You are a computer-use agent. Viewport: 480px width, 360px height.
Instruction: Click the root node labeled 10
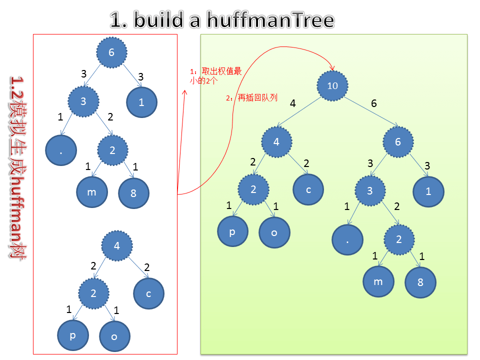[332, 85]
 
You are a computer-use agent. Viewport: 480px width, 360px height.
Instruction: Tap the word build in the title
[161, 20]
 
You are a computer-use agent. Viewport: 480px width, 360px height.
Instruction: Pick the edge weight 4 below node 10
[293, 103]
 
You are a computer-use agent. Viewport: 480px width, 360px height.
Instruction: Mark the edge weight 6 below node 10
[374, 103]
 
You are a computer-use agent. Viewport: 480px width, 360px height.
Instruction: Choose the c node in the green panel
[308, 189]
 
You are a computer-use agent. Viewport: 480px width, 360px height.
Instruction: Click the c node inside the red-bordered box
[148, 293]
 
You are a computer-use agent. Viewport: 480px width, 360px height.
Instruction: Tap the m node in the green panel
[378, 281]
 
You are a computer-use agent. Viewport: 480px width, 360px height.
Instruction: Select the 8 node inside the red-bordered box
[133, 193]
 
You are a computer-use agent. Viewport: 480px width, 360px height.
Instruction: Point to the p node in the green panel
[232, 232]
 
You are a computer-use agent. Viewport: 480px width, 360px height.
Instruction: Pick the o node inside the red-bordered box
[114, 336]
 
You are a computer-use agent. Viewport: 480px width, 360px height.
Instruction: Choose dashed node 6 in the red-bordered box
[111, 52]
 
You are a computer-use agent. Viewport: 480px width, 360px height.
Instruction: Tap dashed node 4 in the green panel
[276, 142]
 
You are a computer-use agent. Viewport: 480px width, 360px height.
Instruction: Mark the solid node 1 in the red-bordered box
[141, 102]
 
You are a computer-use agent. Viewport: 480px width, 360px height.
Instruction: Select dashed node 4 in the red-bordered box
[117, 245]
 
